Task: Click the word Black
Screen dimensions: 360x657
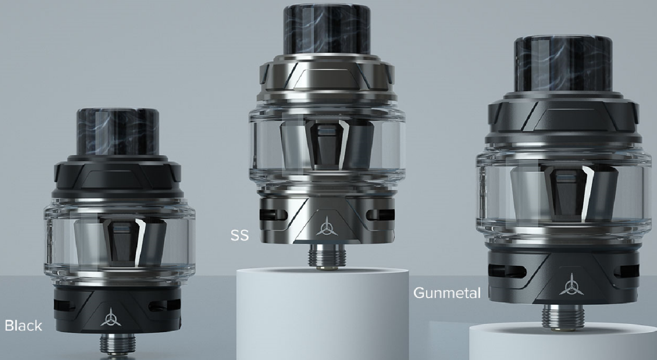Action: pos(23,326)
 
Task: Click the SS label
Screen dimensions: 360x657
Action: pos(240,236)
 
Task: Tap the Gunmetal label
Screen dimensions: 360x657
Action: pos(447,293)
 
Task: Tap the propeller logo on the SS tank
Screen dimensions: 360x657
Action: pos(326,225)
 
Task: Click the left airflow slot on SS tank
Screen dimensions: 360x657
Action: pos(266,215)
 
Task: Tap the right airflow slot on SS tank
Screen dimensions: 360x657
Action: pos(380,215)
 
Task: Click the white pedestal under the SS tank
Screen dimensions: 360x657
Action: pos(323,312)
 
